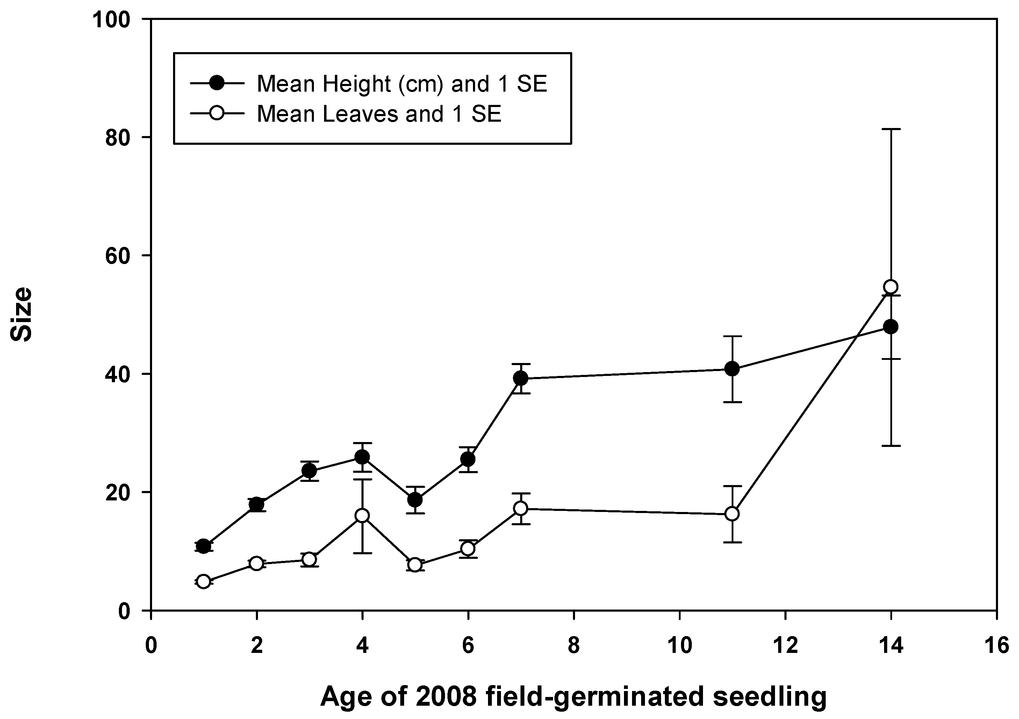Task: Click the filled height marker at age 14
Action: tap(891, 327)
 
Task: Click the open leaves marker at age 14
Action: tap(891, 286)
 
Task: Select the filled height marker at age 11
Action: tap(732, 369)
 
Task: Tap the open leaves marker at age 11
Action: tap(732, 514)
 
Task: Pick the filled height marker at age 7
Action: tap(521, 378)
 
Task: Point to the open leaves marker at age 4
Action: tap(362, 515)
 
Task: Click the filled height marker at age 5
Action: tap(415, 500)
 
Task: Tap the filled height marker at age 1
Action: tap(203, 546)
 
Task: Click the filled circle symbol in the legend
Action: tap(217, 83)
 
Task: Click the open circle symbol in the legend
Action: tap(217, 113)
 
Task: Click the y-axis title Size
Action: tap(21, 314)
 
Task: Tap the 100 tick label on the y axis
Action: tap(111, 20)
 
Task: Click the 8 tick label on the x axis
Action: tap(574, 645)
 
